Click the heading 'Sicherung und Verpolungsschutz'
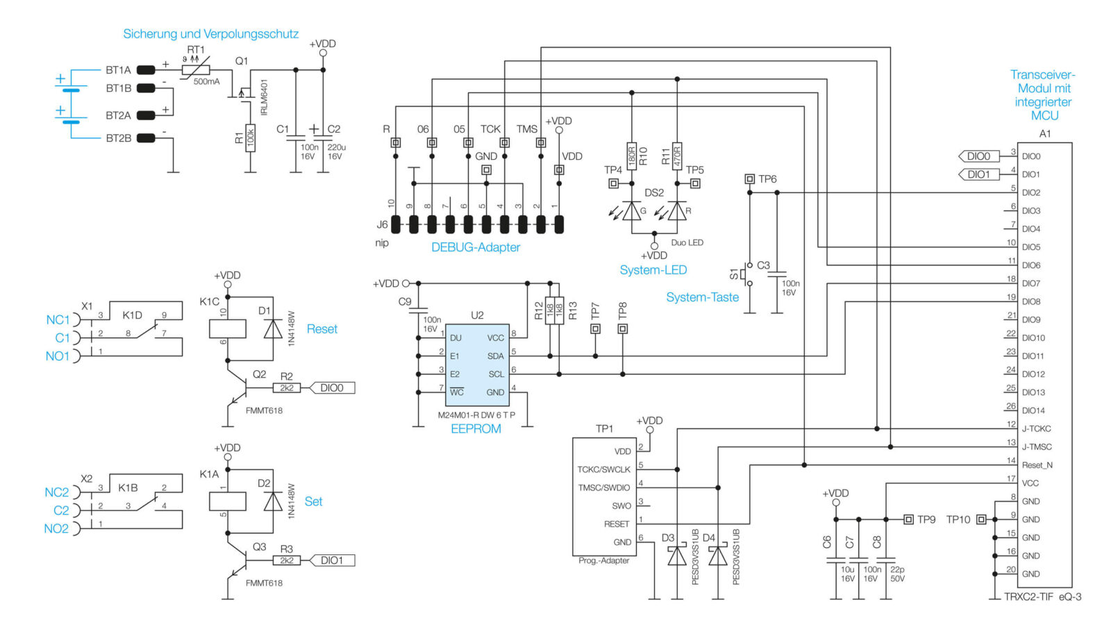point(210,34)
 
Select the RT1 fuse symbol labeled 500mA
point(196,70)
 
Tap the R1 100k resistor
point(251,138)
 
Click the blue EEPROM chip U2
point(476,365)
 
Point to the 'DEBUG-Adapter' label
point(475,247)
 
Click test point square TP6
point(749,179)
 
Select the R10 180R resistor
point(632,156)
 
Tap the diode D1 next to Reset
point(273,329)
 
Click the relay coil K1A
point(227,501)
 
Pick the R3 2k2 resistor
point(287,560)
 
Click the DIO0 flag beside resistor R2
point(332,388)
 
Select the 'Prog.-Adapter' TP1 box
point(603,496)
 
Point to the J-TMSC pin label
point(1037,447)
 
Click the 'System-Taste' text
point(702,297)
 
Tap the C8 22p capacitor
point(886,559)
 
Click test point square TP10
point(981,520)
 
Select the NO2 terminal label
point(56,529)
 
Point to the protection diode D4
point(718,556)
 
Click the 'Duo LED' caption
point(687,242)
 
